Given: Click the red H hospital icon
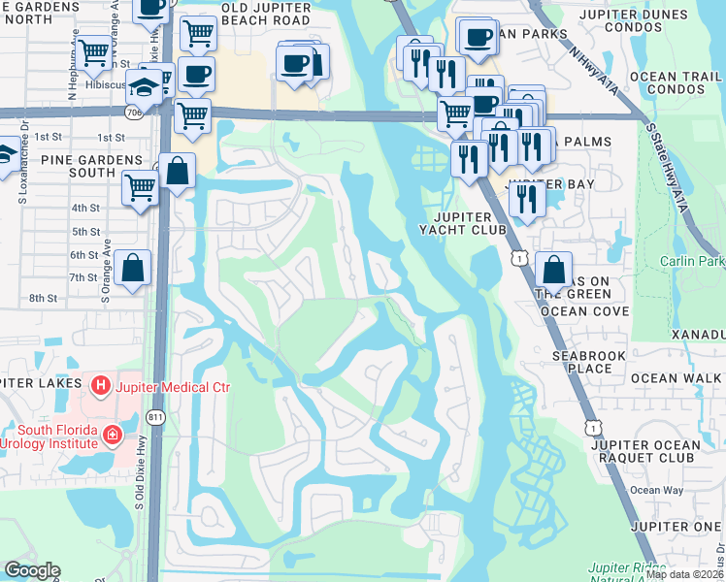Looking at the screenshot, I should click(98, 387).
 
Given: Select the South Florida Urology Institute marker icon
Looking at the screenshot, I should click(114, 433).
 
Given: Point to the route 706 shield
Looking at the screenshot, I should click(133, 113).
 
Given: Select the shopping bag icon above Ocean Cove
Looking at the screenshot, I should click(553, 269).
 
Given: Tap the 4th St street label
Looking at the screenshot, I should click(85, 208).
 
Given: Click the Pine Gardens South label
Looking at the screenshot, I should click(65, 164).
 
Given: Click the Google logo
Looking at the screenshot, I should click(32, 570).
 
